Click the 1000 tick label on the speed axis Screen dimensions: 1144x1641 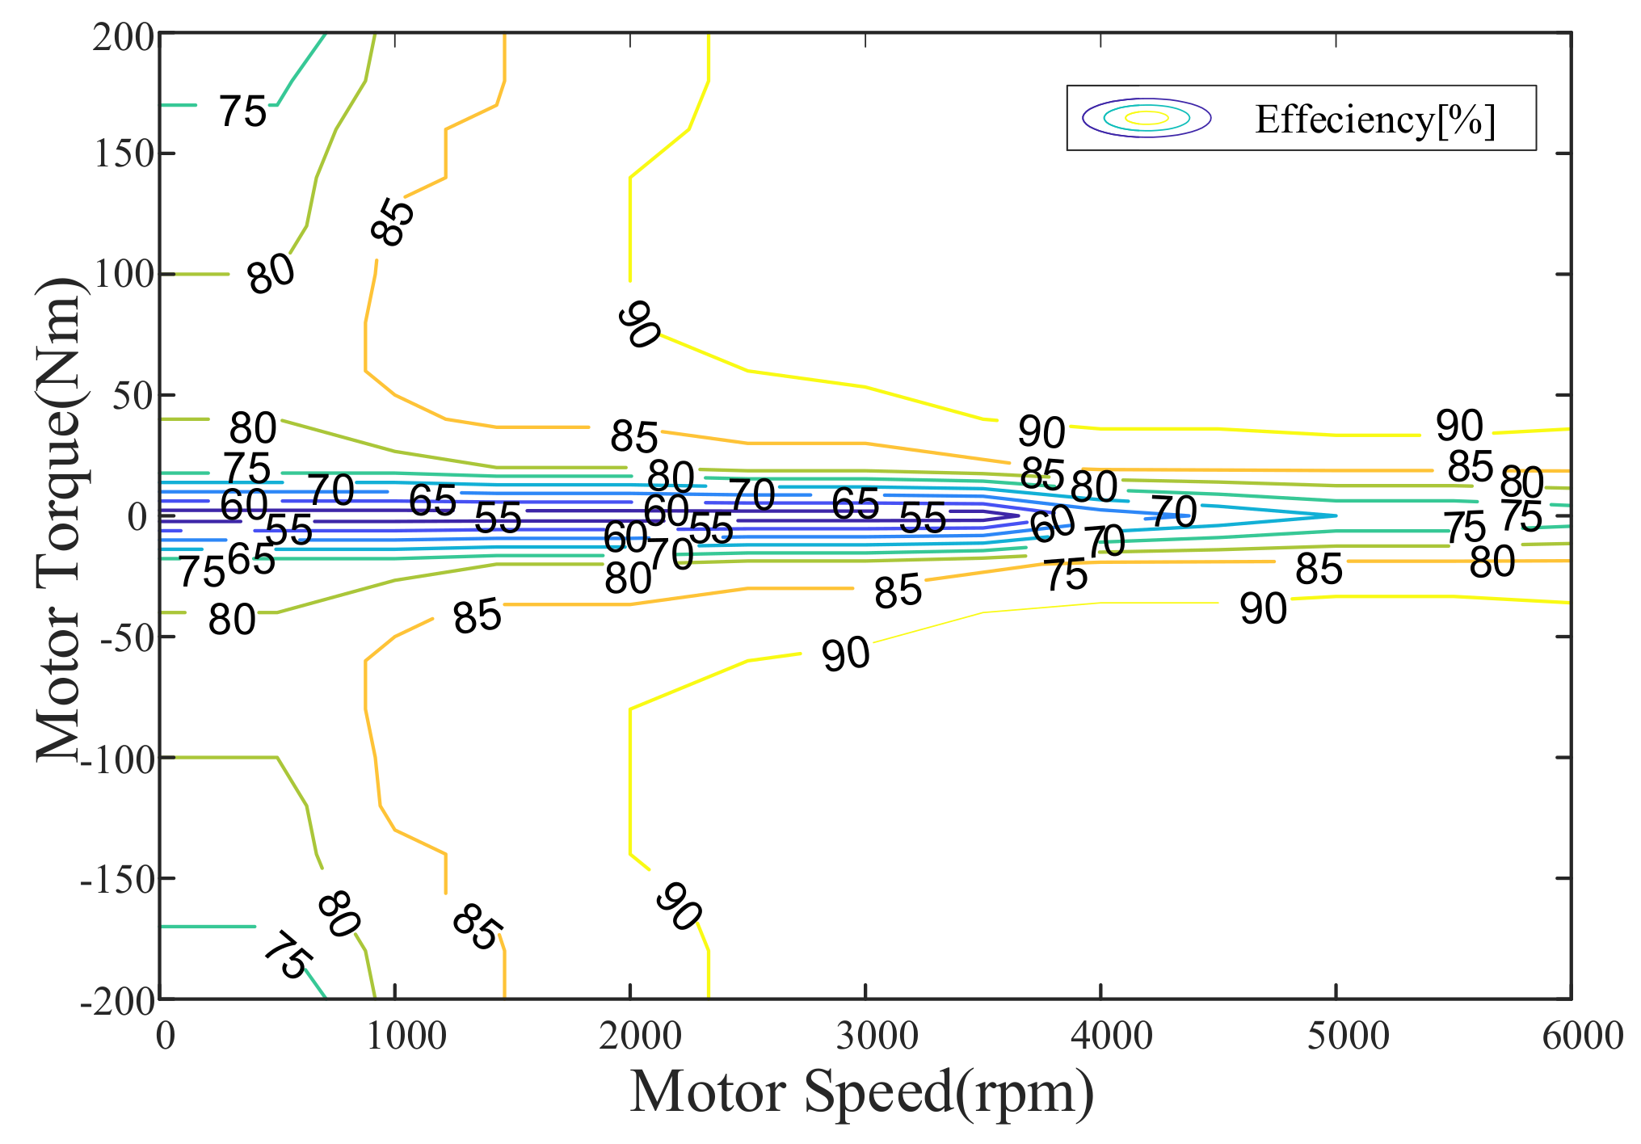(406, 1036)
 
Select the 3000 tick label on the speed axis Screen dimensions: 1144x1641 (877, 1036)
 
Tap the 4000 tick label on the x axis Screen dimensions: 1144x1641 (1112, 1036)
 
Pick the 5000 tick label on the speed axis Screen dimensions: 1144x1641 (1348, 1036)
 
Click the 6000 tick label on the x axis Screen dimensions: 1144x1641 (1582, 1036)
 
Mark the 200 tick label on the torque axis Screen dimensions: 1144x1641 (124, 37)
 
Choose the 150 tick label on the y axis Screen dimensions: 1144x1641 (124, 154)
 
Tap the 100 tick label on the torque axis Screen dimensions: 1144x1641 (124, 275)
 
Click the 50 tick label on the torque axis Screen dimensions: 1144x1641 (133, 396)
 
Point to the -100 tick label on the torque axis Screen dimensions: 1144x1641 (117, 759)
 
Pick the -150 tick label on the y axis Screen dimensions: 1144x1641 (117, 879)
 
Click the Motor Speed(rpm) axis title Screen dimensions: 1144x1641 (861, 1092)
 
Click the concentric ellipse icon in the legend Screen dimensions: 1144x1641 (1147, 118)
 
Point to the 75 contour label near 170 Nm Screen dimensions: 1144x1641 (242, 111)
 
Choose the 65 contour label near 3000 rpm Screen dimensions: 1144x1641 (855, 504)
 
